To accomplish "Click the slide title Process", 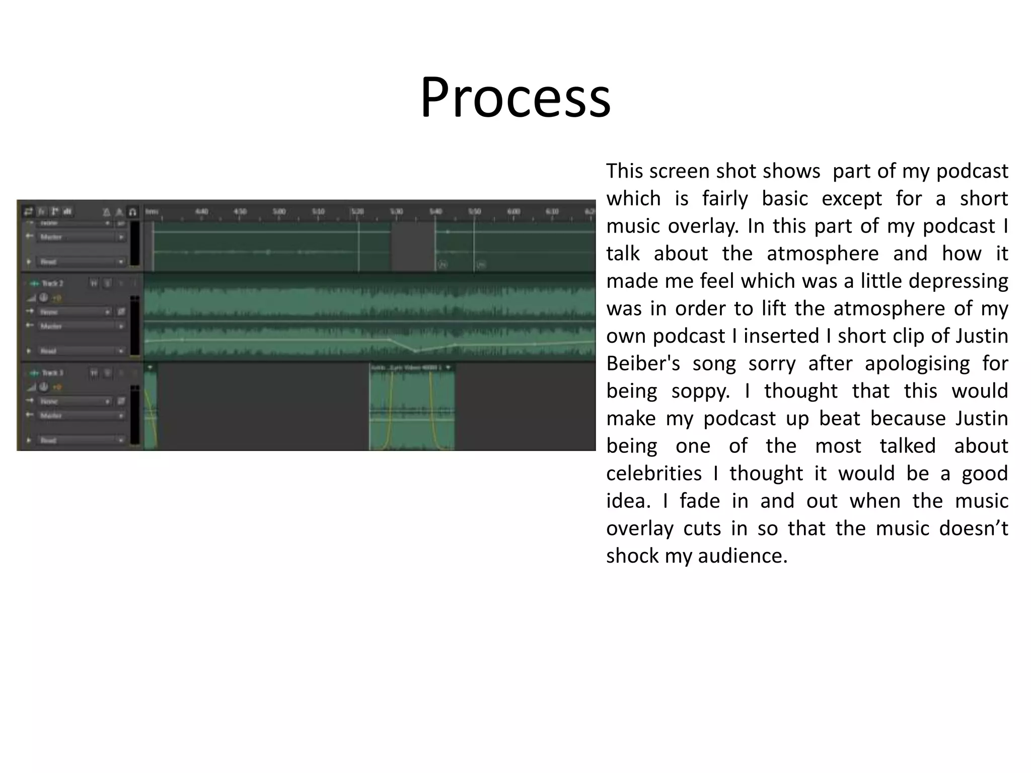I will [x=515, y=97].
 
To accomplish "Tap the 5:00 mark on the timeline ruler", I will [x=279, y=212].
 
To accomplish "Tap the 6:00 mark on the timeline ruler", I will [x=513, y=212].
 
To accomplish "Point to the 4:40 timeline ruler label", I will [x=201, y=212].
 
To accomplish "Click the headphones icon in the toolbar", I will [x=132, y=212].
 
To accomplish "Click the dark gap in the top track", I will [x=413, y=247].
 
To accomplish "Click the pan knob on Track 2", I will [x=44, y=298].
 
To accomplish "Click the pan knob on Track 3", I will [x=44, y=387].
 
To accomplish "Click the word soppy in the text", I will [x=700, y=391].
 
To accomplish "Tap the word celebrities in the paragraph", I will [x=653, y=474].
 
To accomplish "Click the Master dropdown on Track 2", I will [x=81, y=326].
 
